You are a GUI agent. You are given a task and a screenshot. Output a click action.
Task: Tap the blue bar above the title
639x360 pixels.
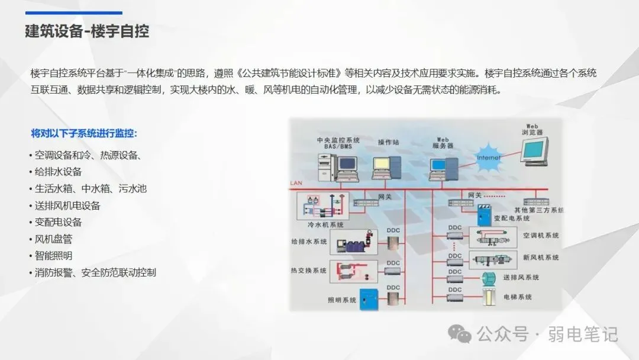(73, 12)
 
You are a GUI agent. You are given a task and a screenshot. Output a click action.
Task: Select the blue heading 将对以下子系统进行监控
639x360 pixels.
(88, 133)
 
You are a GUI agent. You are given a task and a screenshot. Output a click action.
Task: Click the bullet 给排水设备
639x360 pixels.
(58, 172)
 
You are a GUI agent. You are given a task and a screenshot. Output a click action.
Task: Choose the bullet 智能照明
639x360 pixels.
(53, 256)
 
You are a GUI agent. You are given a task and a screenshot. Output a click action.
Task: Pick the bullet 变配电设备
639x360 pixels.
(58, 222)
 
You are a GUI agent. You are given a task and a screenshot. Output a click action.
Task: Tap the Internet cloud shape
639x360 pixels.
(489, 156)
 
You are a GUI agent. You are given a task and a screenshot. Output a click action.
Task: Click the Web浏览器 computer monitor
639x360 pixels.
(533, 152)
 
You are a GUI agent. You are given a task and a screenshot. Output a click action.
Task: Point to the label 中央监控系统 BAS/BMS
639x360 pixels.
(338, 143)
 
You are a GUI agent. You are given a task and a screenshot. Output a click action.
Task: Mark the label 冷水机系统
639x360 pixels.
(325, 225)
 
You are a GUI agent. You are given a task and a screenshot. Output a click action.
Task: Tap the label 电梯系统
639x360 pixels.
(518, 296)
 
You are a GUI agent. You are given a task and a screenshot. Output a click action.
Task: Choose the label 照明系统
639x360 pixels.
(342, 300)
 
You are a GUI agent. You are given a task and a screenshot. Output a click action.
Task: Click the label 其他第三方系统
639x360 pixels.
(538, 210)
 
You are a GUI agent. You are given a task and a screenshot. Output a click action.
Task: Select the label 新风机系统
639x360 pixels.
(540, 258)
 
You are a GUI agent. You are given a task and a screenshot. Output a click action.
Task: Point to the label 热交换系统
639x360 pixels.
(309, 271)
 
